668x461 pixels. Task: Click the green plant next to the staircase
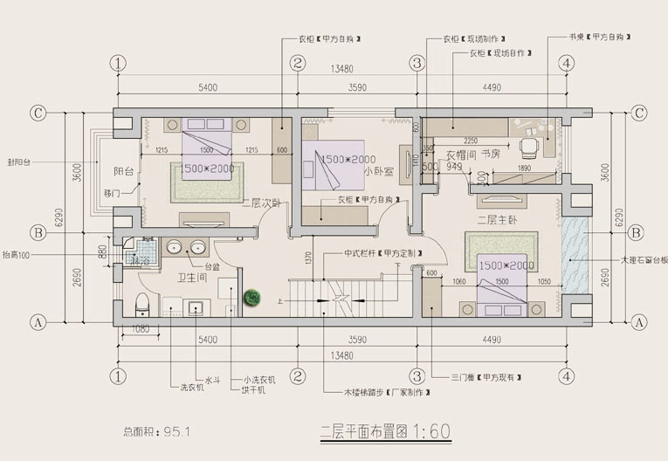[252, 298]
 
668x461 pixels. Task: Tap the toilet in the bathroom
[143, 305]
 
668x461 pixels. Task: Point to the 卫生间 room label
[193, 279]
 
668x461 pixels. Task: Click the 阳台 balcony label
[124, 171]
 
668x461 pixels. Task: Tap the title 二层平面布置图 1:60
[384, 430]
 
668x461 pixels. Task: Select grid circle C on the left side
[38, 113]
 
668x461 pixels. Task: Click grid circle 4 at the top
[567, 63]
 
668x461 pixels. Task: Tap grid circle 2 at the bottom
[298, 376]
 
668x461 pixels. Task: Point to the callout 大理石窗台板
[644, 259]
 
